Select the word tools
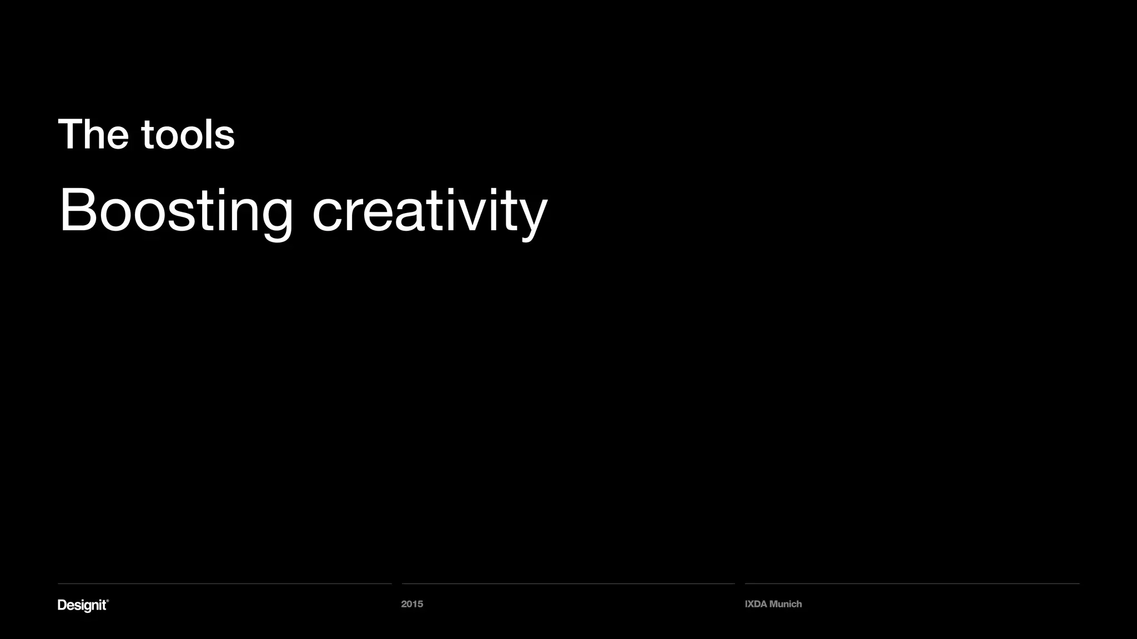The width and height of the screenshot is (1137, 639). pos(188,134)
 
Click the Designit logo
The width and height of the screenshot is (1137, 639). pos(82,605)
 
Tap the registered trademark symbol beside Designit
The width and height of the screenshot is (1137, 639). pos(108,601)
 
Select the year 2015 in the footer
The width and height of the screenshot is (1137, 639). pos(412,604)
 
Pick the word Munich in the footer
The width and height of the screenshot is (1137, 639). pos(786,604)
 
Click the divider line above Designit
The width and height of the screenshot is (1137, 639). pos(224,584)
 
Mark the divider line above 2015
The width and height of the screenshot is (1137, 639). pos(568,584)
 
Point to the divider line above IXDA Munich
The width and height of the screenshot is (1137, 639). pos(912,584)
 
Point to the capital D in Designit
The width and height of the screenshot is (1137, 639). pos(62,605)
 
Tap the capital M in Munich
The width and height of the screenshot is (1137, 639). pos(773,604)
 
